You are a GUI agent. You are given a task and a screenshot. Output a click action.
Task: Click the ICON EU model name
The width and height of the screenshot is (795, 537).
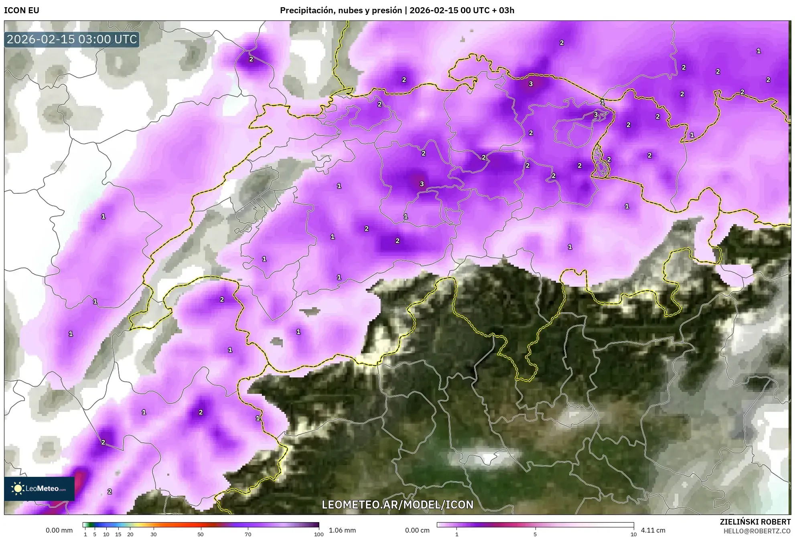click(x=22, y=10)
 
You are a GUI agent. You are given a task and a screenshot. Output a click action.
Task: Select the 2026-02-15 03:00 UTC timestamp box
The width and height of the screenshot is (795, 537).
click(x=72, y=39)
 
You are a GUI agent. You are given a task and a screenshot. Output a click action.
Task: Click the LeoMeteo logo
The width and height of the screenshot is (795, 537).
click(x=39, y=488)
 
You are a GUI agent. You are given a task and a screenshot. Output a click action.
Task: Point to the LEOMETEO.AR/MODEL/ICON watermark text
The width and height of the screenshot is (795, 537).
click(x=397, y=505)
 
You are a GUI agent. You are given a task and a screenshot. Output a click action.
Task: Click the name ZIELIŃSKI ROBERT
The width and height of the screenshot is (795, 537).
click(x=755, y=522)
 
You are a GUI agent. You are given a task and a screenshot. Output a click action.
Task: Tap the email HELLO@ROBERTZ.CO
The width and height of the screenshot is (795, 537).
click(x=757, y=531)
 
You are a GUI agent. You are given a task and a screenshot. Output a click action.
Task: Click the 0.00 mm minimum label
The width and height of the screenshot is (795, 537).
click(x=59, y=530)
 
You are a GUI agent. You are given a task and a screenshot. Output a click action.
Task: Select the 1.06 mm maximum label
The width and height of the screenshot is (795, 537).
click(x=342, y=530)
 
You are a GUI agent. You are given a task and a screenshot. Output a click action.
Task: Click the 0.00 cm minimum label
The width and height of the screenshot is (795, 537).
click(x=417, y=530)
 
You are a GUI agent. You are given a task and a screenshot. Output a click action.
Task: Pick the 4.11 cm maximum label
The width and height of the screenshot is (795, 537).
click(x=653, y=530)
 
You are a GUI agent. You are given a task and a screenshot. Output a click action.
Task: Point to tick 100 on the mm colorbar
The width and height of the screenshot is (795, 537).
click(x=319, y=534)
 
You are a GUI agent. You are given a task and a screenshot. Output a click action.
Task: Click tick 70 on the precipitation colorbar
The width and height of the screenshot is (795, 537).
click(x=248, y=534)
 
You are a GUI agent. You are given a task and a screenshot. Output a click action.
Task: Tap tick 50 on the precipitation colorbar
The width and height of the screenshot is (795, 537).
click(x=201, y=534)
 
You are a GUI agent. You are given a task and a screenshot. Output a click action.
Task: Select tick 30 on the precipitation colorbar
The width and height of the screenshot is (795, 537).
click(x=154, y=534)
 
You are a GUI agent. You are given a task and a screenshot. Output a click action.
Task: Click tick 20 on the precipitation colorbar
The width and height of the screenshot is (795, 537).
click(x=130, y=534)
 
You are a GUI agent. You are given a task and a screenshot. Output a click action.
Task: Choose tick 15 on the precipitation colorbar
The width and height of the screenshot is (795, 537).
click(x=118, y=534)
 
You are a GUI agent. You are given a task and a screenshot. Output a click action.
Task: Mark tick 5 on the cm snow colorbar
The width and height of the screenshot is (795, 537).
click(x=535, y=534)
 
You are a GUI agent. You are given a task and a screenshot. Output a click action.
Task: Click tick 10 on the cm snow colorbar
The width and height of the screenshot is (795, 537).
click(x=633, y=534)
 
